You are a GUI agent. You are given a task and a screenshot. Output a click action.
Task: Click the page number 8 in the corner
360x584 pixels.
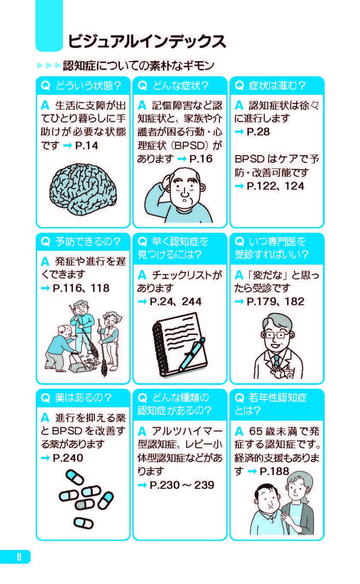(x=18, y=556)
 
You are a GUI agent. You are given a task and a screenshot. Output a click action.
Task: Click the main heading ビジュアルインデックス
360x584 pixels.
(x=146, y=41)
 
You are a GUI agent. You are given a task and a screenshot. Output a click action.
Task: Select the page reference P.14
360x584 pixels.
(x=87, y=146)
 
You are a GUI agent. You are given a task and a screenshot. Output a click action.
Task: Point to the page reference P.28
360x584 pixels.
(x=258, y=132)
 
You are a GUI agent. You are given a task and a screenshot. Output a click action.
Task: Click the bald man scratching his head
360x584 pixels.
(x=181, y=194)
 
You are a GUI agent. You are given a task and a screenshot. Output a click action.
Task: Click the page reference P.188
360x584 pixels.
(x=274, y=472)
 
